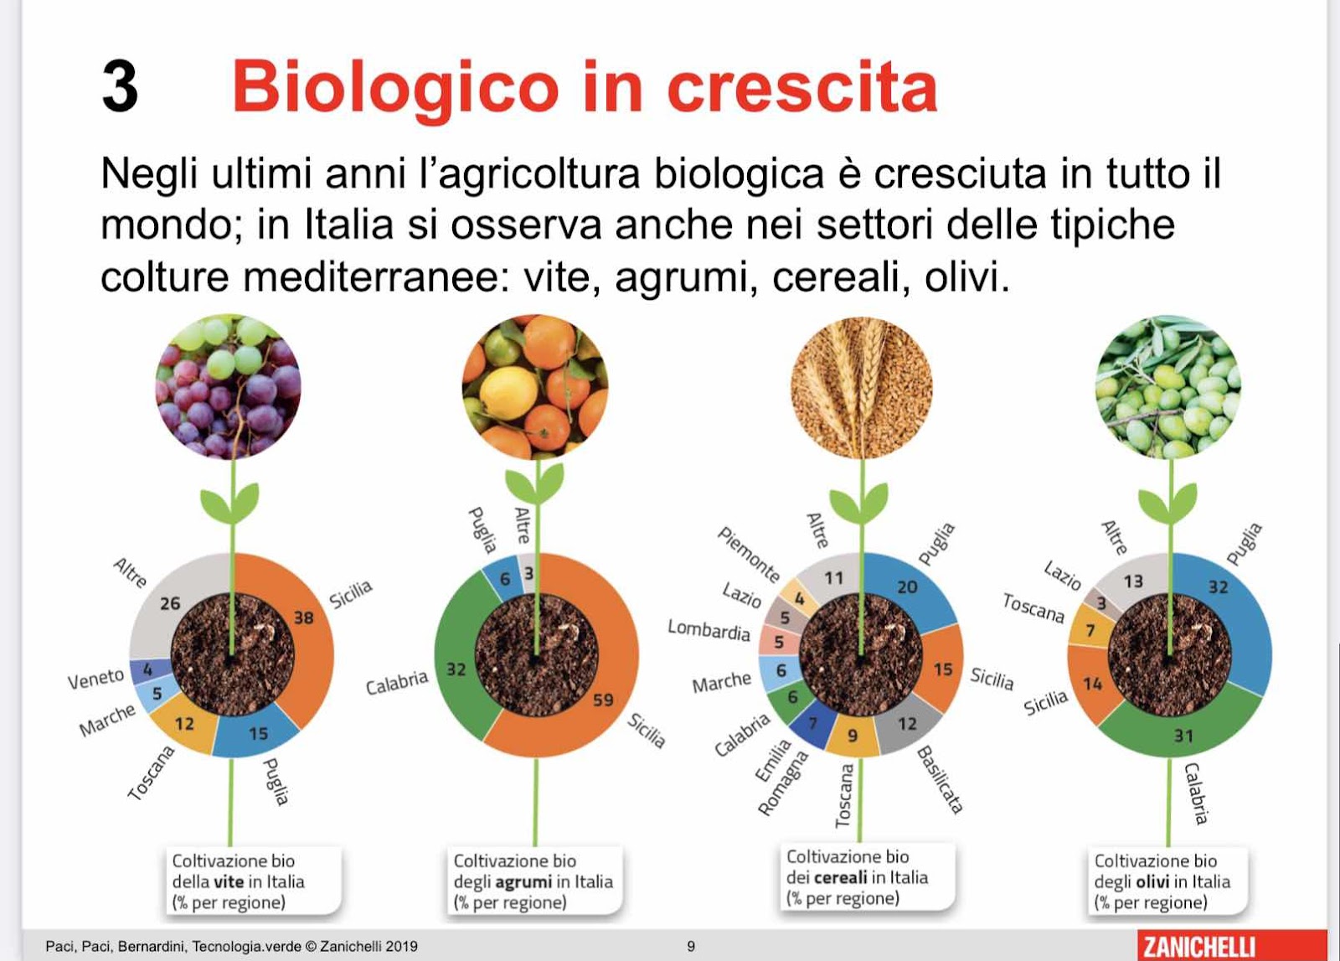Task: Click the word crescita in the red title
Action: tap(801, 88)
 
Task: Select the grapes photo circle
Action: tap(228, 387)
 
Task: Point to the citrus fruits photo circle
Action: tap(535, 387)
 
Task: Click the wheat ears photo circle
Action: tap(862, 387)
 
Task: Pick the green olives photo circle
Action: tap(1168, 387)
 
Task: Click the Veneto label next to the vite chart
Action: tap(95, 679)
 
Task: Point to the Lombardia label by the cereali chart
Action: tap(709, 631)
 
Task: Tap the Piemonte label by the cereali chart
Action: tap(749, 554)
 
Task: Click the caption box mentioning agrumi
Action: tap(535, 881)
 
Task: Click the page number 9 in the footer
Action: tap(691, 946)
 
